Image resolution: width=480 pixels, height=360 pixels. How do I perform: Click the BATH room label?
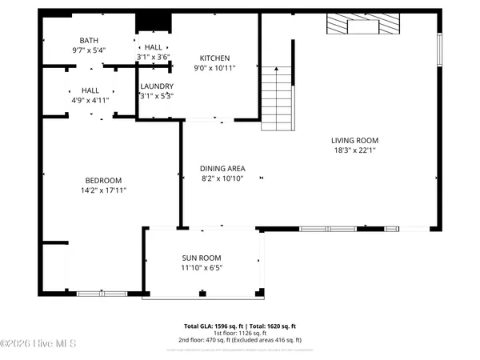coord(89,40)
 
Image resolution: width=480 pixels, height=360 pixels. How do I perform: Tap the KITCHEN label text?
coord(214,58)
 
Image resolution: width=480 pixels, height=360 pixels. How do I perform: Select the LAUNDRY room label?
coord(157,86)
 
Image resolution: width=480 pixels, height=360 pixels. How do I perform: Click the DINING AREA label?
coord(222,168)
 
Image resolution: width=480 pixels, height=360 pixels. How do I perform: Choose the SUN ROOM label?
coord(202,258)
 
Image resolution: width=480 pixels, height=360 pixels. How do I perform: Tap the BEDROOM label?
coord(103,180)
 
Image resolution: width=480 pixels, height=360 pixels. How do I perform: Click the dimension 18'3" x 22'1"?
coord(356,150)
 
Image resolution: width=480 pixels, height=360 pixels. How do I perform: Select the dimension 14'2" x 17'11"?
coord(103,190)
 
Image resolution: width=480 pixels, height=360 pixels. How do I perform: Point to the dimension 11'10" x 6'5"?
coord(202,267)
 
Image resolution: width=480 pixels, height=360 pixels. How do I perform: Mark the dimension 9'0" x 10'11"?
coord(214,69)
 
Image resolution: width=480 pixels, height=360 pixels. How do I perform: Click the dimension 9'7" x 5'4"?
coord(89,50)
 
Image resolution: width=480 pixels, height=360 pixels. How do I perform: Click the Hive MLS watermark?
coord(38,343)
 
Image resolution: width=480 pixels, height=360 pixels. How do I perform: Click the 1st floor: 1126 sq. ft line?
coord(240,334)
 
